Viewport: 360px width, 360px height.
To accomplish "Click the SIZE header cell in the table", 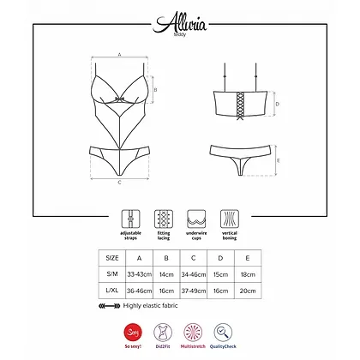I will tap(113, 256).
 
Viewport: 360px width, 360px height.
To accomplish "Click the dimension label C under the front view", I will tap(118, 182).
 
